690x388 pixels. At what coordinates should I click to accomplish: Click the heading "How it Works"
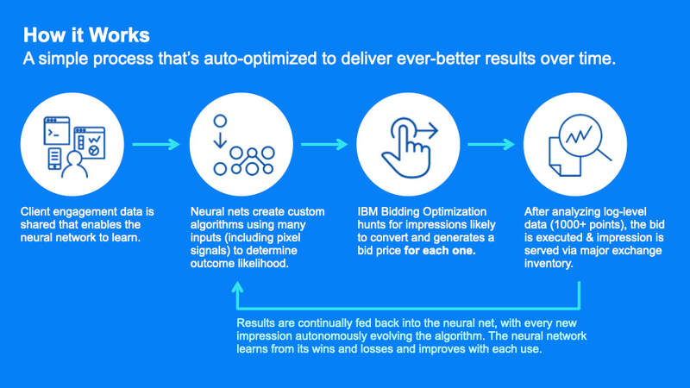[86, 35]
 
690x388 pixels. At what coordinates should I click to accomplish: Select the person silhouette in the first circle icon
[74, 164]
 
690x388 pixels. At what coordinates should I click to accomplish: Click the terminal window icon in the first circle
[57, 131]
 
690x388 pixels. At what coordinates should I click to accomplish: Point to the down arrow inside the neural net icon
[220, 141]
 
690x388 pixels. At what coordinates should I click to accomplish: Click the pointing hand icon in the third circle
[405, 148]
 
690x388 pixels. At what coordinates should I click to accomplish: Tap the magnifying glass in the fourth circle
[584, 137]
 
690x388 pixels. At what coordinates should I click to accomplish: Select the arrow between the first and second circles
[156, 144]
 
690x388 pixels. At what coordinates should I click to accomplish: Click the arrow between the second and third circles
[324, 144]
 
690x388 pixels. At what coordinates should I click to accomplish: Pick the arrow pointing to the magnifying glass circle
[491, 144]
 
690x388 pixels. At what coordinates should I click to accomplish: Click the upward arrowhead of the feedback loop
[238, 288]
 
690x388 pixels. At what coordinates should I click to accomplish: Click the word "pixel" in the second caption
[289, 238]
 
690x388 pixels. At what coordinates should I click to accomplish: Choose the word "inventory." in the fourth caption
[549, 264]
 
